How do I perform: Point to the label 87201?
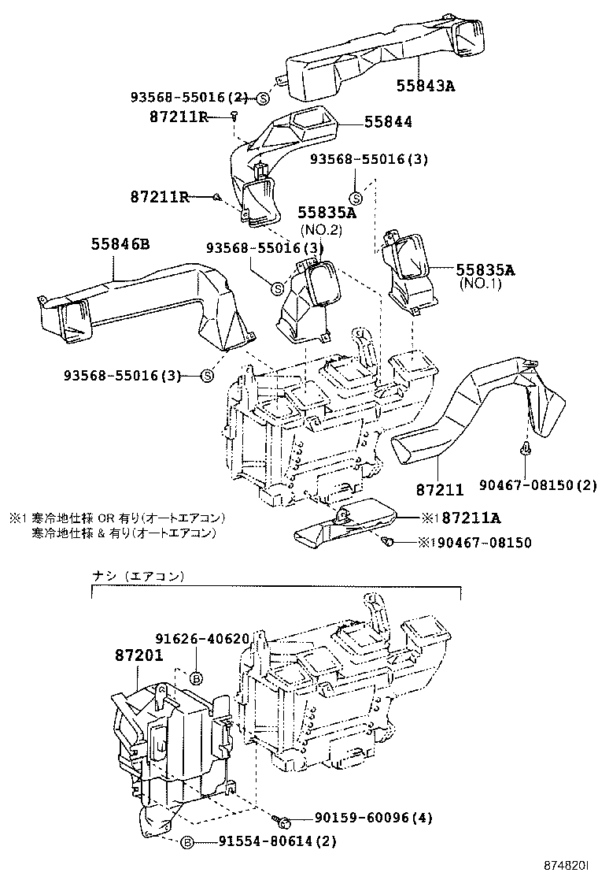pyautogui.click(x=138, y=655)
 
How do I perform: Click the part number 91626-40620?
pyautogui.click(x=201, y=639)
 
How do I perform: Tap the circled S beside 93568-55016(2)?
pyautogui.click(x=262, y=98)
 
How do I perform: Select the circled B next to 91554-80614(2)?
pyautogui.click(x=187, y=842)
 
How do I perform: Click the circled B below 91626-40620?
pyautogui.click(x=197, y=677)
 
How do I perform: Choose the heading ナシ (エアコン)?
pyautogui.click(x=138, y=576)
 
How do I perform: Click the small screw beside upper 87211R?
pyautogui.click(x=234, y=117)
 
